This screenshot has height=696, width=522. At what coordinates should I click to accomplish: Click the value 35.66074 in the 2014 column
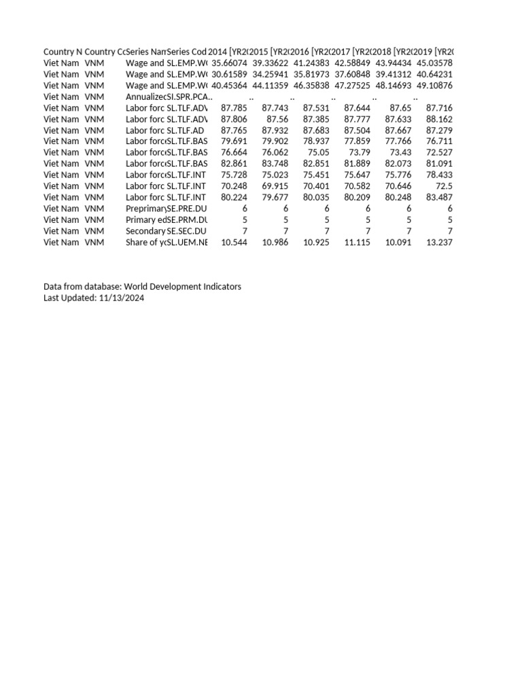pos(230,63)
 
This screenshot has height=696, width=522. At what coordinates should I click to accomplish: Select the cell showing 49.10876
pos(434,85)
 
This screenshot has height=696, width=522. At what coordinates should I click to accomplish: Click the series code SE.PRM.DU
pos(187,220)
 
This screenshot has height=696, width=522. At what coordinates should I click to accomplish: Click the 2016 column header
pos(310,52)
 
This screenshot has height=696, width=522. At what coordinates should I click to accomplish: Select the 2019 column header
pos(434,52)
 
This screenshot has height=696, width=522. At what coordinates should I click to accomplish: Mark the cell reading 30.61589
pos(230,74)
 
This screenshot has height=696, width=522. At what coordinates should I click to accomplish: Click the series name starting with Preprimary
pos(145,209)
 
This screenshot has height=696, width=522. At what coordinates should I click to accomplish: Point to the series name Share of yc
pos(145,242)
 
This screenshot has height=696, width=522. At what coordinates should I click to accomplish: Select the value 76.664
pos(234,152)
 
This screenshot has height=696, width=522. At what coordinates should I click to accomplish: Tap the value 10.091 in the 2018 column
pos(398,242)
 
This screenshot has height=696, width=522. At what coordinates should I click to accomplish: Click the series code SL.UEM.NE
pos(187,242)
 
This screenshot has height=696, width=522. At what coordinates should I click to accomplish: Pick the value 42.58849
pos(351,63)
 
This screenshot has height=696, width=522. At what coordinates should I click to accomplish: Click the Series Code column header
pos(187,52)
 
